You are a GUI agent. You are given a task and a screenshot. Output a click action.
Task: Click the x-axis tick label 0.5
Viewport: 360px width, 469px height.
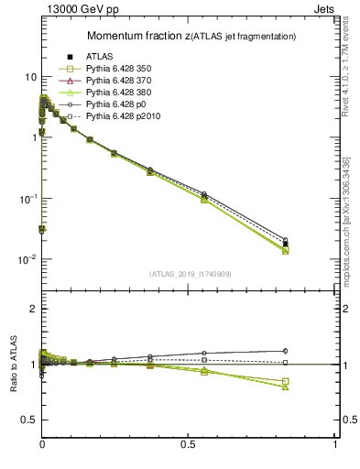[x=188, y=444]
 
